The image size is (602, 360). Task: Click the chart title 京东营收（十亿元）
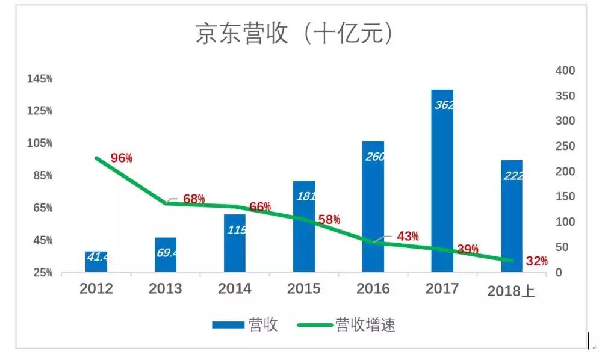point(295,33)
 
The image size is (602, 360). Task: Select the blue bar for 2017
point(442,181)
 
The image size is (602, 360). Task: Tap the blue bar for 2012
point(96,262)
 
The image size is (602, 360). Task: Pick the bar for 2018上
point(512,217)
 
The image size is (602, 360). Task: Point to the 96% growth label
point(122,158)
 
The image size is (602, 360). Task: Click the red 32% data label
point(536,261)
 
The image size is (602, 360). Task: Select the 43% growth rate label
point(408,237)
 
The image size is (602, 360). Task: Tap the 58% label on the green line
point(329,220)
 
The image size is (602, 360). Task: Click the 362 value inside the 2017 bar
point(444,105)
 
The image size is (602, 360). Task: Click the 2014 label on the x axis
point(234,289)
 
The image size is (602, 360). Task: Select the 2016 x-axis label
point(373,289)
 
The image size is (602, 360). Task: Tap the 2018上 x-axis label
point(511,291)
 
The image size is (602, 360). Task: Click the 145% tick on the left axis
point(39,79)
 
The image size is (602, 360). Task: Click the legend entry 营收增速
point(365,325)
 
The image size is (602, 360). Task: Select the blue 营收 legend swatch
point(228,325)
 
